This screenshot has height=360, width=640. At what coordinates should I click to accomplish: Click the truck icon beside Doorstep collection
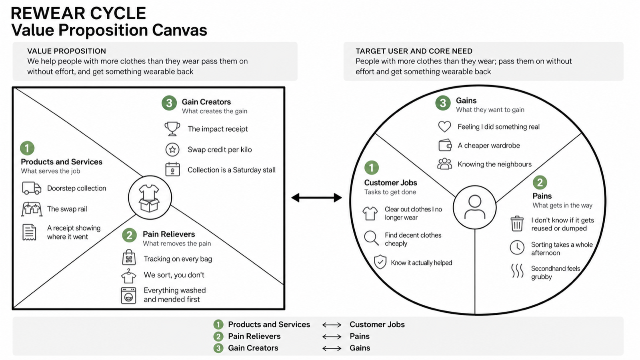coord(32,188)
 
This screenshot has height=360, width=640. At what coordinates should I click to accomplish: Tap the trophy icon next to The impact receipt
coord(172,129)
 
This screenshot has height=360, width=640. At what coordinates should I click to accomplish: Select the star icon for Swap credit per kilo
coord(172,150)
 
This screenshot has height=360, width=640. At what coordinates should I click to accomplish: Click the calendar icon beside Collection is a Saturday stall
coord(172,169)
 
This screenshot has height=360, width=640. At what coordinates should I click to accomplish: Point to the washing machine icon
coord(128,296)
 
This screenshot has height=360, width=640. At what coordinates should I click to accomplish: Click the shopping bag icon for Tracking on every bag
coord(129,258)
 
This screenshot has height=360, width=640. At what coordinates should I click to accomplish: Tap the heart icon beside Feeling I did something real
coord(444,126)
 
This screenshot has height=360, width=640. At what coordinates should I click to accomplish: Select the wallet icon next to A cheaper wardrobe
coord(445,145)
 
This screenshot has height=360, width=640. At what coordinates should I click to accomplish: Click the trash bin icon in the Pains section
coord(517,224)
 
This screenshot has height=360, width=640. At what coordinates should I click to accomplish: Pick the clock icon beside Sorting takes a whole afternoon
coord(517,248)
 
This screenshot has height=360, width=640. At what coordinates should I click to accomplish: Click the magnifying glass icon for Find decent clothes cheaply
coord(371,238)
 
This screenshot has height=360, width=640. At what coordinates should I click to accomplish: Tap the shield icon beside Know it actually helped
coord(380,262)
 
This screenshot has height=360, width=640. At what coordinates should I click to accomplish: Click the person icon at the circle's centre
coord(474,207)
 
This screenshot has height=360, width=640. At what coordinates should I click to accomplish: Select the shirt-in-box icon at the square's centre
coord(149,198)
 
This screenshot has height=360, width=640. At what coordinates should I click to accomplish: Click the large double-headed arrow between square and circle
coord(316,198)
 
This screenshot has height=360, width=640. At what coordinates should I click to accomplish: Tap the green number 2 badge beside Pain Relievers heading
coord(129,235)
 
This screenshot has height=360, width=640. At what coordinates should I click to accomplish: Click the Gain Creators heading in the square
coord(206,102)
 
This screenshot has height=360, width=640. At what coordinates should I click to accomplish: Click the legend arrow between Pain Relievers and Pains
coord(332,336)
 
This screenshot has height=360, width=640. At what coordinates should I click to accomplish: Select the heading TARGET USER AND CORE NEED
coord(414,51)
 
